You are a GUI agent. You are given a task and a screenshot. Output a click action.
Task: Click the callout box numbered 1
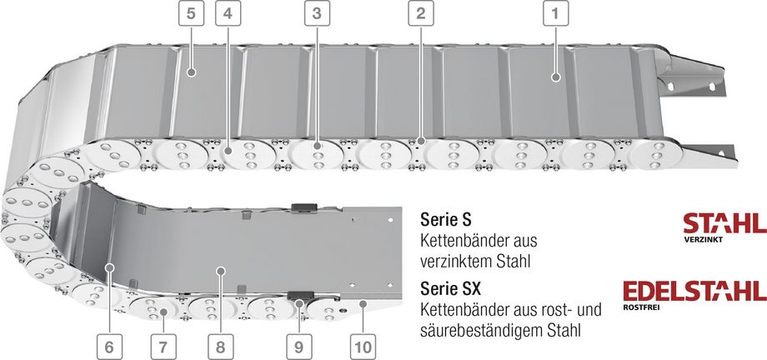tap(555, 13)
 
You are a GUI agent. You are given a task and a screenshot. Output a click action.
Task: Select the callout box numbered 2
tap(421, 13)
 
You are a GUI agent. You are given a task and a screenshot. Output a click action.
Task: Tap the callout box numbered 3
tap(317, 13)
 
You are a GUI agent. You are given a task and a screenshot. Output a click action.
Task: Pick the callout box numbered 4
tap(228, 13)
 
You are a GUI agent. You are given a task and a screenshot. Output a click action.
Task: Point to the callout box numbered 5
tap(191, 13)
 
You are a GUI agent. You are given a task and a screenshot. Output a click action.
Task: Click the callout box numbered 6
tap(109, 347)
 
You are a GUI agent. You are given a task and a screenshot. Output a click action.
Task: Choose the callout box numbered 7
tap(163, 347)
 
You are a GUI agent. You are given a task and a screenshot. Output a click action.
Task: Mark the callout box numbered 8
tap(221, 347)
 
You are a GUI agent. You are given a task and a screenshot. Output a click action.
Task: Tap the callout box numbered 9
tap(298, 347)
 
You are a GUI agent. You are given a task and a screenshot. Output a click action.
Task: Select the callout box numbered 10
tap(363, 347)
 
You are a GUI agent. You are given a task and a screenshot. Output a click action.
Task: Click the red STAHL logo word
tap(725, 223)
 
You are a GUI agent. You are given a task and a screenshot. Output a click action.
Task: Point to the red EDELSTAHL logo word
tap(694, 291)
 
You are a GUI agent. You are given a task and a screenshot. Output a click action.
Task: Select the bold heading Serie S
tap(446, 220)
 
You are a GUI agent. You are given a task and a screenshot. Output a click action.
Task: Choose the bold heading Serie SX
tap(450, 288)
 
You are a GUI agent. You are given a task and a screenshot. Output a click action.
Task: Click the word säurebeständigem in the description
tap(482, 330)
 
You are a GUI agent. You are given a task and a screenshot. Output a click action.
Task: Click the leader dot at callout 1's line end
tap(555, 77)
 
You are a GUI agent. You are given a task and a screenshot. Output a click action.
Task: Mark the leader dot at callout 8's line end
tap(221, 270)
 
